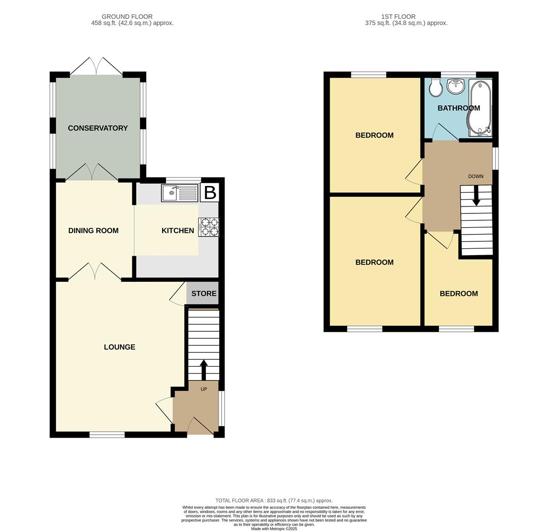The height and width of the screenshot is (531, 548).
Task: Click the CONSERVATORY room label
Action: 98,128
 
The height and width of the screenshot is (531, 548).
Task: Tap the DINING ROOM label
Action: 93,231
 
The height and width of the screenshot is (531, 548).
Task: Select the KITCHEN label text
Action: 177,231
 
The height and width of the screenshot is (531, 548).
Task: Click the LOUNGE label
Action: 119,347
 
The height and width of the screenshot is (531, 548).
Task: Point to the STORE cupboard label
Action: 203,294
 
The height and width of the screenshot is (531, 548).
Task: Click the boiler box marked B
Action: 210,193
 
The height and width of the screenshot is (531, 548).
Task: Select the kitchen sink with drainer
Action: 179,193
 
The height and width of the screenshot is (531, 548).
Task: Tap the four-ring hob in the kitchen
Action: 209,227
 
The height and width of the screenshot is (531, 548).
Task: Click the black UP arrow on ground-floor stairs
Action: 203,369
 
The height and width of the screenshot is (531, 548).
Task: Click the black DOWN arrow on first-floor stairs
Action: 476,196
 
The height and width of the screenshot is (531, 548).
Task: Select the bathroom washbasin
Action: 456,86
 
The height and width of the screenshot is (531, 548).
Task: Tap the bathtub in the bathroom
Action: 479,108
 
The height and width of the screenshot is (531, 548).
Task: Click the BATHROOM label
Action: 458,108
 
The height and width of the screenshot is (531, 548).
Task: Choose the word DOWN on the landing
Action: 475,177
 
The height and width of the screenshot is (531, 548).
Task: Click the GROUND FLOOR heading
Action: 127,17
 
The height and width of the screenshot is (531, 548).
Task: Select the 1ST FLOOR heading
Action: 398,17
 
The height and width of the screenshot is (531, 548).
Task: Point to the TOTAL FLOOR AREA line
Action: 274,501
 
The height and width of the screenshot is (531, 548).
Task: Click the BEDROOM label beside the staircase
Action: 459,294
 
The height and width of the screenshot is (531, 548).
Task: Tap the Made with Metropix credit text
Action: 274,529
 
